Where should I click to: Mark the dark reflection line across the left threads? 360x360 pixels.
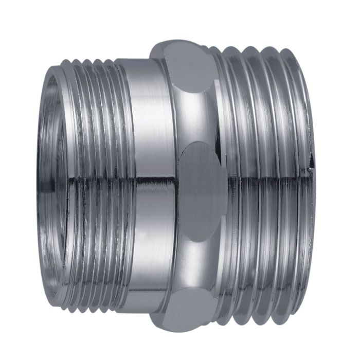coord(93,179)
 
